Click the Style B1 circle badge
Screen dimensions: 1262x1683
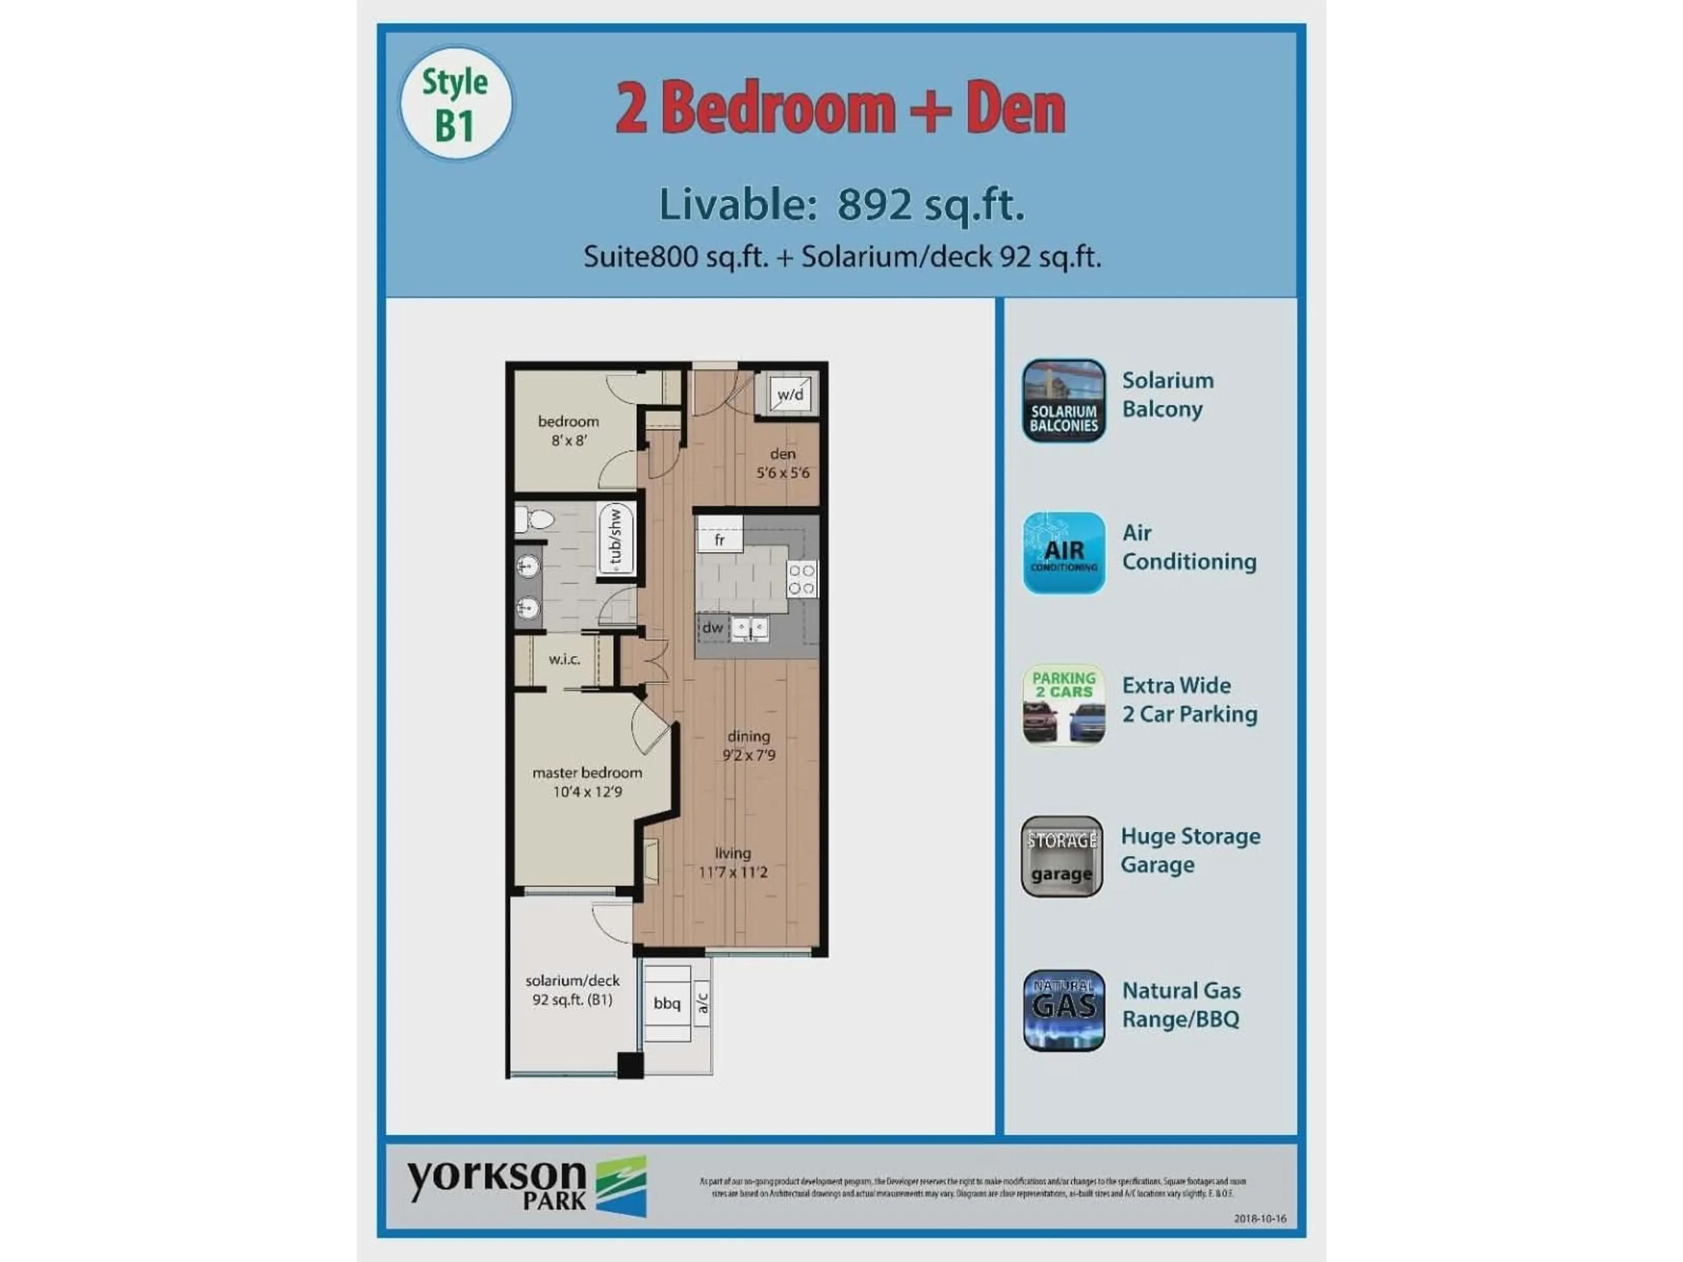point(456,103)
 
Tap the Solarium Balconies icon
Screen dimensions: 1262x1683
point(1063,400)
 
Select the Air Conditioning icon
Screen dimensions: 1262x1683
point(1063,553)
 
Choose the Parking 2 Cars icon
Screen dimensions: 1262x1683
point(1063,705)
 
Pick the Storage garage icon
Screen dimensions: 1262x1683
point(1062,857)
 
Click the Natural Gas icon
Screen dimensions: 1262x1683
point(1063,1010)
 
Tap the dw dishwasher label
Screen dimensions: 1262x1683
point(712,627)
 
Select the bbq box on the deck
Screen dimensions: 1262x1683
point(667,1003)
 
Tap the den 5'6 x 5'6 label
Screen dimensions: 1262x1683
point(782,463)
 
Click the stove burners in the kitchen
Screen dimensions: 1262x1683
point(802,579)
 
